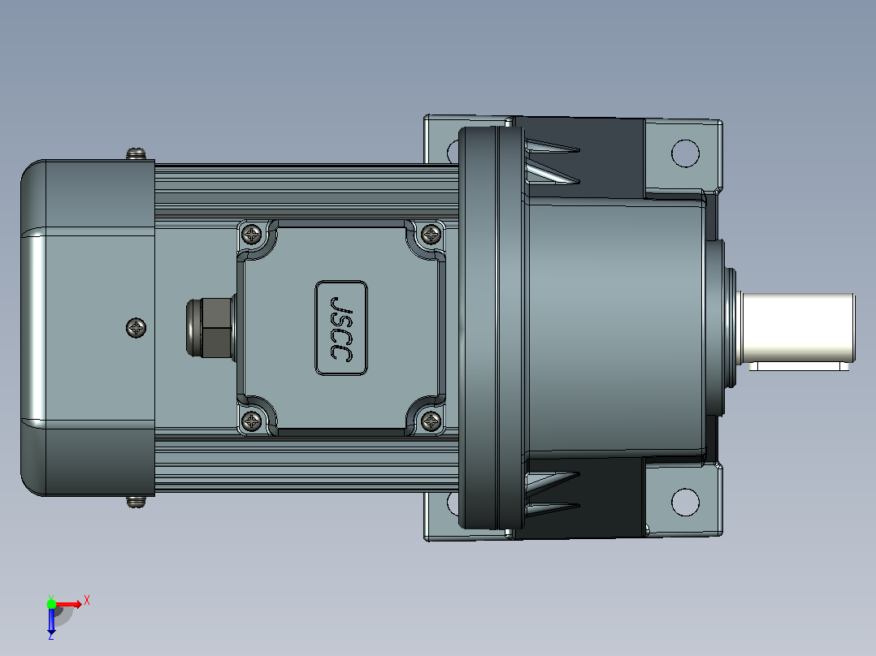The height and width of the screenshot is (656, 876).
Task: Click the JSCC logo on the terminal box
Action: (x=341, y=328)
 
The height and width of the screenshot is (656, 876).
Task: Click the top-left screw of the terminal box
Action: (x=251, y=234)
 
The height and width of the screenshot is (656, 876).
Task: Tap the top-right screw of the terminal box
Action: (x=431, y=234)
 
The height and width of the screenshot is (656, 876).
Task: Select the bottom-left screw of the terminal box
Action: (x=251, y=421)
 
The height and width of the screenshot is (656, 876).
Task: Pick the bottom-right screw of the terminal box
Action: (x=431, y=421)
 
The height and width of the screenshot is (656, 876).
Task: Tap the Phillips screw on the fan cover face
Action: (x=137, y=328)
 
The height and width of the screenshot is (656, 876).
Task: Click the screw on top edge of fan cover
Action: (x=136, y=153)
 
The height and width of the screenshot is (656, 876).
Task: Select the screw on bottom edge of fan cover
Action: (x=136, y=502)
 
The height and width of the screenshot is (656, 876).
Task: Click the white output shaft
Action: (x=798, y=328)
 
